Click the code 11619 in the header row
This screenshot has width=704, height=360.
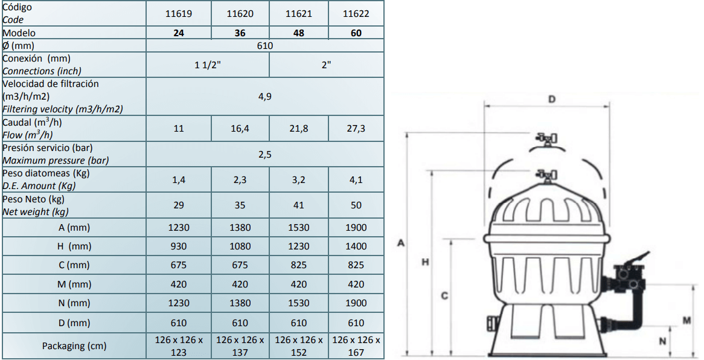pos(179,13)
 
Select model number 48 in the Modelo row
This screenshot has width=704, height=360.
pos(299,33)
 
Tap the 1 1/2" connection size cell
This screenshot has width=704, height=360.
pos(208,65)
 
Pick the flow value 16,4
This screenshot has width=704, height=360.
pos(240,129)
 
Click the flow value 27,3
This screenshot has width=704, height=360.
pos(356,129)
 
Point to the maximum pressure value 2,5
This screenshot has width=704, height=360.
pos(265,154)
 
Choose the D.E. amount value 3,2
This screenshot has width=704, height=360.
pos(299,180)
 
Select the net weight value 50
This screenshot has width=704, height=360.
pos(356,205)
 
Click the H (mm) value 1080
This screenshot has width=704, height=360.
pos(240,246)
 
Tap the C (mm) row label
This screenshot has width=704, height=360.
pos(74,265)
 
